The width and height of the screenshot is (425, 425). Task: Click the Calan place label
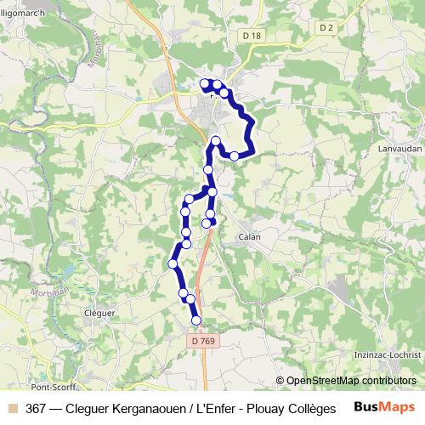249,237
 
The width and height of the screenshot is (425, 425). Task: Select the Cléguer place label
99,313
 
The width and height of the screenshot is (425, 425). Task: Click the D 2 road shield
326,28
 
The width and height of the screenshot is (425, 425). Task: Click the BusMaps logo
384,407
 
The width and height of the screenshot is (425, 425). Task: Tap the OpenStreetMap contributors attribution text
351,381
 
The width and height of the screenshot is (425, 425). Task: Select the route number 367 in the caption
37,408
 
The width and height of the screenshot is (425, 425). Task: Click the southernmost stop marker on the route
196,320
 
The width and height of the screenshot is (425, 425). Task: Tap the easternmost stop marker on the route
235,156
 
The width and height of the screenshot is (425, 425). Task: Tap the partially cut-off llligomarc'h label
22,11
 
